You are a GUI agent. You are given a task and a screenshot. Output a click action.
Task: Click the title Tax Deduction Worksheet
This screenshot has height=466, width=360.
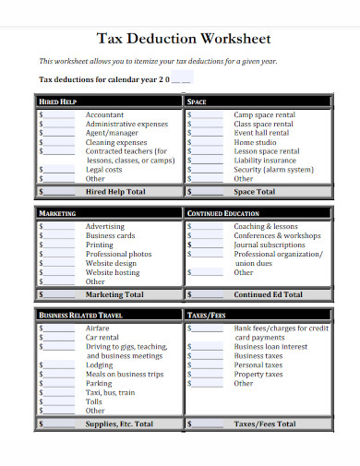click(184, 40)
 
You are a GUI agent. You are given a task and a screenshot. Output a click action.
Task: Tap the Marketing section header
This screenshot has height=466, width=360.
click(57, 213)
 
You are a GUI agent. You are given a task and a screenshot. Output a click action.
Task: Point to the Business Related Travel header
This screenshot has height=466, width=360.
click(82, 315)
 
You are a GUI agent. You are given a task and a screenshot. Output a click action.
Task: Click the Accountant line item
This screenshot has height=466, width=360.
click(104, 114)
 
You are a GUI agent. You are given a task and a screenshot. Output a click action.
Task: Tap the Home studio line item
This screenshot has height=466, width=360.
click(256, 142)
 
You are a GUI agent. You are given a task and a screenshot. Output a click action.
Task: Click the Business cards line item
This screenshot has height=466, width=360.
click(111, 235)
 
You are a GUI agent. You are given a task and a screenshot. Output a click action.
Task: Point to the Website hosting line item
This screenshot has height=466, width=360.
click(113, 272)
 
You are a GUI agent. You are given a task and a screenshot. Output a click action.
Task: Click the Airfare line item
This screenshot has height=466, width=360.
click(98, 328)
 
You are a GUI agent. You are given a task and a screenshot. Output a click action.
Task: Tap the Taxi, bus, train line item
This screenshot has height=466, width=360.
click(111, 392)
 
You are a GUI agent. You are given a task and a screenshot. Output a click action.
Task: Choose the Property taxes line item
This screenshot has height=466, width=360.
click(258, 374)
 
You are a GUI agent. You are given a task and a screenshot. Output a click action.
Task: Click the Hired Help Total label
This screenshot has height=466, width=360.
click(115, 192)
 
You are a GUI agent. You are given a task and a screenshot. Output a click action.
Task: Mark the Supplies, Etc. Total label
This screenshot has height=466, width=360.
click(119, 424)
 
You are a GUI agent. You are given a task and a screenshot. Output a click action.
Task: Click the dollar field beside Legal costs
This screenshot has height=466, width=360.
click(59, 170)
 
